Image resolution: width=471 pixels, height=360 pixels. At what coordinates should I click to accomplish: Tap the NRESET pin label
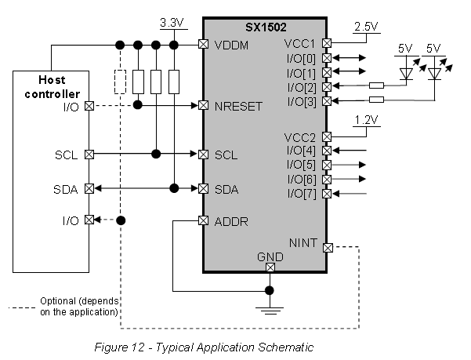(240, 104)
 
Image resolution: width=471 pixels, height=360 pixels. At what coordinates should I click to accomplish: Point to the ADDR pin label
(231, 221)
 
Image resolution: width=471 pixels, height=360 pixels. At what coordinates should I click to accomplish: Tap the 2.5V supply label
(367, 27)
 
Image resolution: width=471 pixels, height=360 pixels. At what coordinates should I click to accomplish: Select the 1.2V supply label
(366, 120)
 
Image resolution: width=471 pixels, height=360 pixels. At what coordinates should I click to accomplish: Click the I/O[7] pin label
(303, 194)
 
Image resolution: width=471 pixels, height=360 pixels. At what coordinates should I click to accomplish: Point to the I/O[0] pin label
(303, 58)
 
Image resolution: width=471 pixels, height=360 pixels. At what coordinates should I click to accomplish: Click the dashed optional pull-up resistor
(120, 82)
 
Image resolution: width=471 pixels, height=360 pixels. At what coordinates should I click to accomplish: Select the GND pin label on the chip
(270, 256)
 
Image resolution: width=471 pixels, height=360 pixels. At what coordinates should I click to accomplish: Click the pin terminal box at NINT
(328, 248)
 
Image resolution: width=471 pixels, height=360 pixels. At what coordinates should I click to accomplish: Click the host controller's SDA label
(67, 188)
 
